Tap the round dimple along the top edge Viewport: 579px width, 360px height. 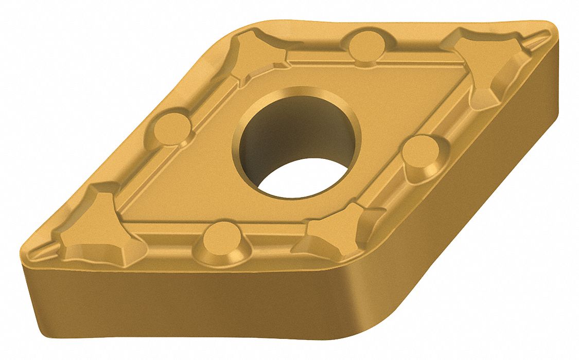point(366,46)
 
